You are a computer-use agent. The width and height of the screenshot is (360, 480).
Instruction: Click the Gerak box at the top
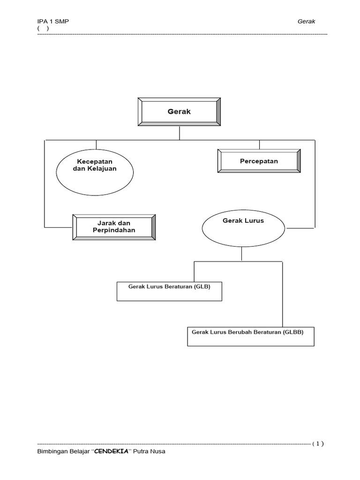179,112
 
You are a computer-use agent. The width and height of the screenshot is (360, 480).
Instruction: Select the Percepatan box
259,161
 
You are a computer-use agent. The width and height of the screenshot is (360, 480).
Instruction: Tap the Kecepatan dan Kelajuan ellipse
95,172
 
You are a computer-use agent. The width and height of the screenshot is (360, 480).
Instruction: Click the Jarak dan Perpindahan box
114,227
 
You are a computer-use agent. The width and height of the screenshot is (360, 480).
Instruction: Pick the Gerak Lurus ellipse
243,229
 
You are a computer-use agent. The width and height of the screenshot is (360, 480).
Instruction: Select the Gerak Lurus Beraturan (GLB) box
169,291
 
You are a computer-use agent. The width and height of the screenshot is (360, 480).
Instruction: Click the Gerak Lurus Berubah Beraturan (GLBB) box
250,336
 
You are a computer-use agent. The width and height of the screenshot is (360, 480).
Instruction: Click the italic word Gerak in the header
307,22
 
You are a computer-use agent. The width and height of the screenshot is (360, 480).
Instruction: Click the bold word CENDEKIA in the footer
112,452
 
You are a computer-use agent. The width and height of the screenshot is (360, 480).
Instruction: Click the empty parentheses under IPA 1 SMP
43,28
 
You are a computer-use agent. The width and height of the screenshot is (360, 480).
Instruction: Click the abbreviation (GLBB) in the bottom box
293,332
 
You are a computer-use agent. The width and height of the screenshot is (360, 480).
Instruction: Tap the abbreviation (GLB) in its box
202,285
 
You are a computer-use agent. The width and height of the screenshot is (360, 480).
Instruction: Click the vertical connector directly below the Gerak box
180,133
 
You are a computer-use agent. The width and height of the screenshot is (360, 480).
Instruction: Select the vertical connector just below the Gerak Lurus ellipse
241,254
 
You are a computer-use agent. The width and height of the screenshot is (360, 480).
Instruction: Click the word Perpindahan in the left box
114,230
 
